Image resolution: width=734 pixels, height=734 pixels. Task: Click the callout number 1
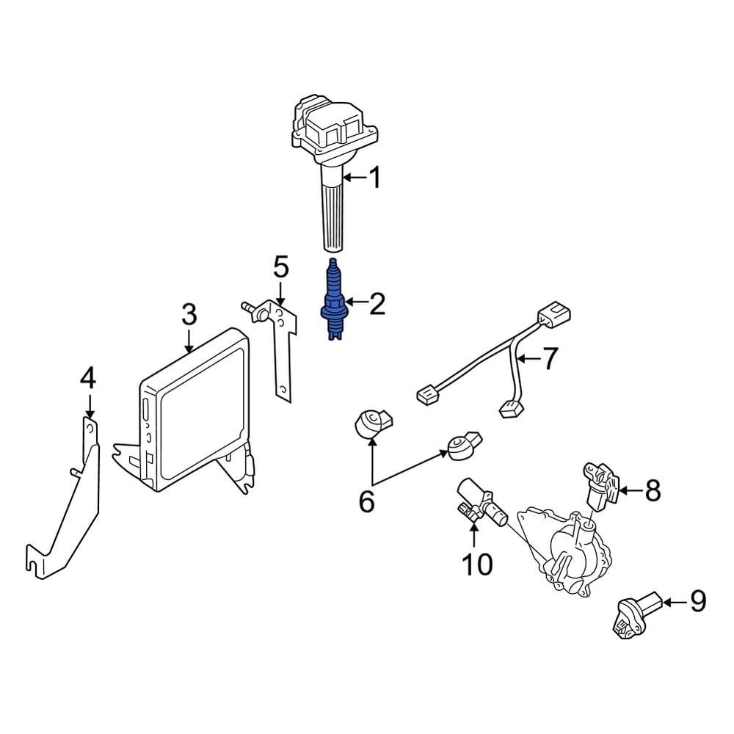(374, 177)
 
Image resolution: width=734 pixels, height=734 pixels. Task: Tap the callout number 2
(377, 303)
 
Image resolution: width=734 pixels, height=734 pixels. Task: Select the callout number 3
(189, 316)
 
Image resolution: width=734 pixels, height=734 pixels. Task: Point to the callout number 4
(88, 379)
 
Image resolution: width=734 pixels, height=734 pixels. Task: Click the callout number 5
(282, 268)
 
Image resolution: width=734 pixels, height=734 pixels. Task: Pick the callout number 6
(366, 502)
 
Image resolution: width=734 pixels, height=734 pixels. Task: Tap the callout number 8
(652, 490)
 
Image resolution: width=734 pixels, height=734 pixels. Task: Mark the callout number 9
(697, 602)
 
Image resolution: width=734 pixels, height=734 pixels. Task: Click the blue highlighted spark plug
(334, 302)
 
